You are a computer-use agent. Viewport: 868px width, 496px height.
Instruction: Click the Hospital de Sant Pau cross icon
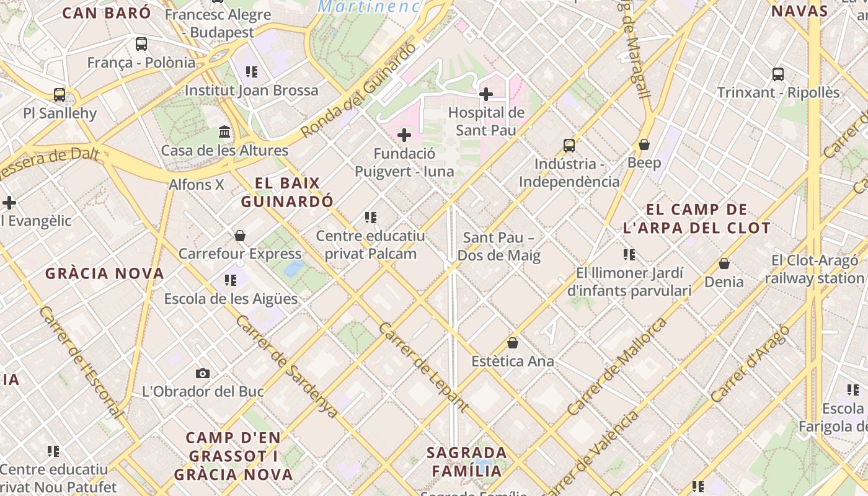(x=486, y=94)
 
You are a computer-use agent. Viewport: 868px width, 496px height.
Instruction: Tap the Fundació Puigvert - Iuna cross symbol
(x=404, y=135)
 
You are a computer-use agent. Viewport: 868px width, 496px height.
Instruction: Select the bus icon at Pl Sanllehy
(x=60, y=95)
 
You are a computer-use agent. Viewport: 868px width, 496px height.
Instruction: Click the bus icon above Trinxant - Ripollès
(x=778, y=74)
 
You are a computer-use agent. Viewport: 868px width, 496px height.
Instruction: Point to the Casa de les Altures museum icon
(x=224, y=132)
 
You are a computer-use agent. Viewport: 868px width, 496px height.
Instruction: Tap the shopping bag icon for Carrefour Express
(x=240, y=236)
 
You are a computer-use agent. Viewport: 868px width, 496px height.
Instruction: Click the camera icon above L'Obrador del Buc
(x=203, y=373)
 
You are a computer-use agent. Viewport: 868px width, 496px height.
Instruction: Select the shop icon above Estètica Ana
(x=513, y=343)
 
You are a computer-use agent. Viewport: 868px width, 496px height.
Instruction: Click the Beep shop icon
(x=644, y=144)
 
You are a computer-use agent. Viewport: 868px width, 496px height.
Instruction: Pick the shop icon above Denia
(x=724, y=263)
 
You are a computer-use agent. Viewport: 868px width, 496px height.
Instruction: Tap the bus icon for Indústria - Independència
(x=569, y=146)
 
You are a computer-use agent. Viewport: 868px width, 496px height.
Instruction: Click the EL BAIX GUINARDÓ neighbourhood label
(x=287, y=192)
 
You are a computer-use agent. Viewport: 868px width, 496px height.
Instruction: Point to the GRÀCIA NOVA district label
(x=104, y=273)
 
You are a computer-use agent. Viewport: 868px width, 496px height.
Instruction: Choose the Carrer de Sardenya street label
(x=286, y=367)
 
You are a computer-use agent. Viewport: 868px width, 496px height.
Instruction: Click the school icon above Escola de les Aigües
(x=231, y=280)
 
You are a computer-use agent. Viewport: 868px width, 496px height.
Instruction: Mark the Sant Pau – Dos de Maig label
(x=499, y=247)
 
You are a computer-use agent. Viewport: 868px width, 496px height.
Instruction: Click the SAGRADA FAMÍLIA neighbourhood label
(x=467, y=461)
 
